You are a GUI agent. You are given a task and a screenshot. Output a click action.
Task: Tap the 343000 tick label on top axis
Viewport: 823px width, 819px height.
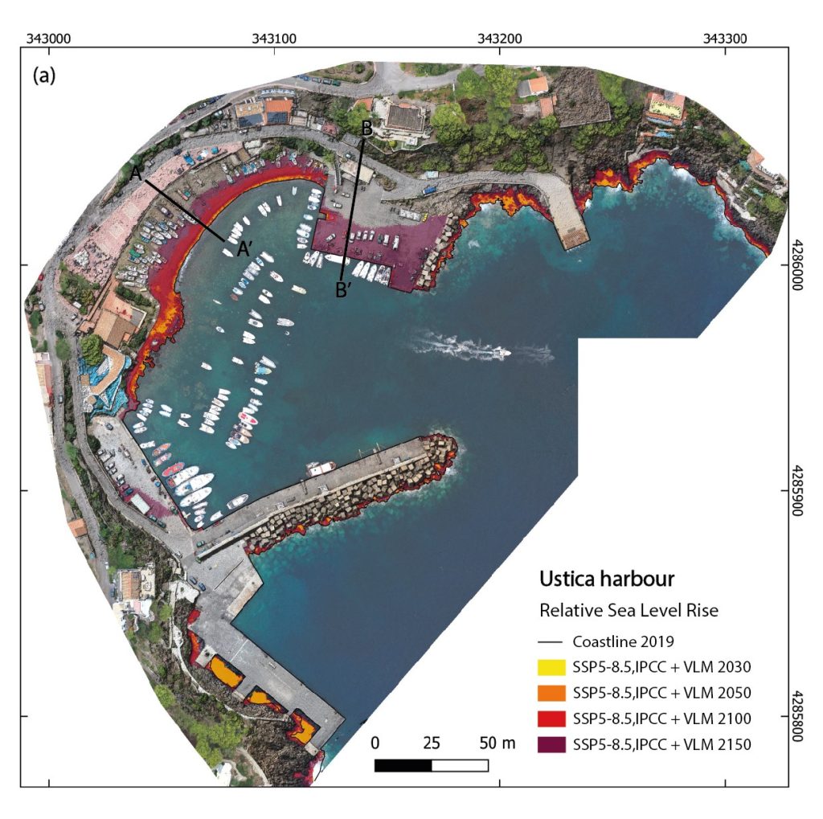point(50,38)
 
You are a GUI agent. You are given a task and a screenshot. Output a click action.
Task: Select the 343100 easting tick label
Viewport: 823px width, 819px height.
point(275,38)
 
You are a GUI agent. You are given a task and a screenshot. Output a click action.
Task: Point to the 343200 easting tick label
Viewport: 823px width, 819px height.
point(500,38)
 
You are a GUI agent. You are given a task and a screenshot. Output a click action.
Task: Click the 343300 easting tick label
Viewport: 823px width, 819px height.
point(725,38)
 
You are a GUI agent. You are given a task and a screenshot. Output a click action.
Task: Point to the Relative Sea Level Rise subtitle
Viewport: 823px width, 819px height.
point(629,611)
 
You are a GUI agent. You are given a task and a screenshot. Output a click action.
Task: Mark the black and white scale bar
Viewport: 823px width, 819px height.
point(432,765)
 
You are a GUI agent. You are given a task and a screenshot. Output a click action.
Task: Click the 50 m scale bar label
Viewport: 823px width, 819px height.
point(497,743)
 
